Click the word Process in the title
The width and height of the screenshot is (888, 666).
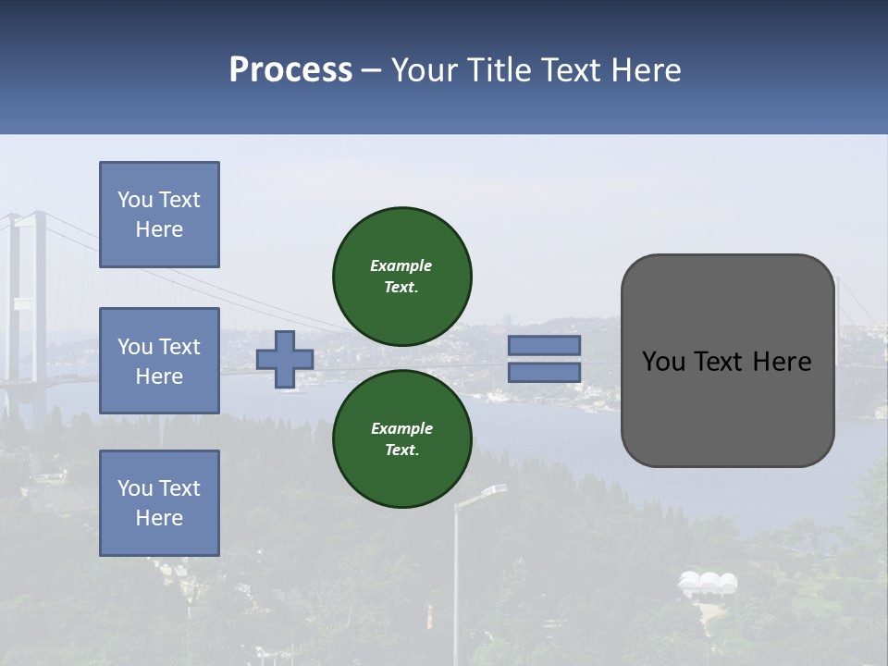(x=290, y=70)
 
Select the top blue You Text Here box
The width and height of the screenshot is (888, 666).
(x=159, y=215)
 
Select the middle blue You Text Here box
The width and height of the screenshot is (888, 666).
(x=159, y=361)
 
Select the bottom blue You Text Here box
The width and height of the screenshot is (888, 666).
(x=159, y=503)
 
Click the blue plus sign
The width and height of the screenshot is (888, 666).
(x=285, y=359)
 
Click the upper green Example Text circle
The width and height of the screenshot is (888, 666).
(x=401, y=276)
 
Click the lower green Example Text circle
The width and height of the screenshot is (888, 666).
(x=401, y=438)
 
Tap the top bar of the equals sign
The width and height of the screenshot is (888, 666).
(x=544, y=346)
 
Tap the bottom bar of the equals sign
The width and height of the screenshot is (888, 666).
(x=544, y=372)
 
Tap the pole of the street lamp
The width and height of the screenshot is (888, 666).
(x=456, y=592)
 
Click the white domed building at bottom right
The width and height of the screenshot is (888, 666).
(x=708, y=584)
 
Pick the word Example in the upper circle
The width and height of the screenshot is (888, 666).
(x=401, y=265)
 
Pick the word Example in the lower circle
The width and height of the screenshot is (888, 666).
(x=401, y=428)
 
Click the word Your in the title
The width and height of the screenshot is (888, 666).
(x=426, y=70)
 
